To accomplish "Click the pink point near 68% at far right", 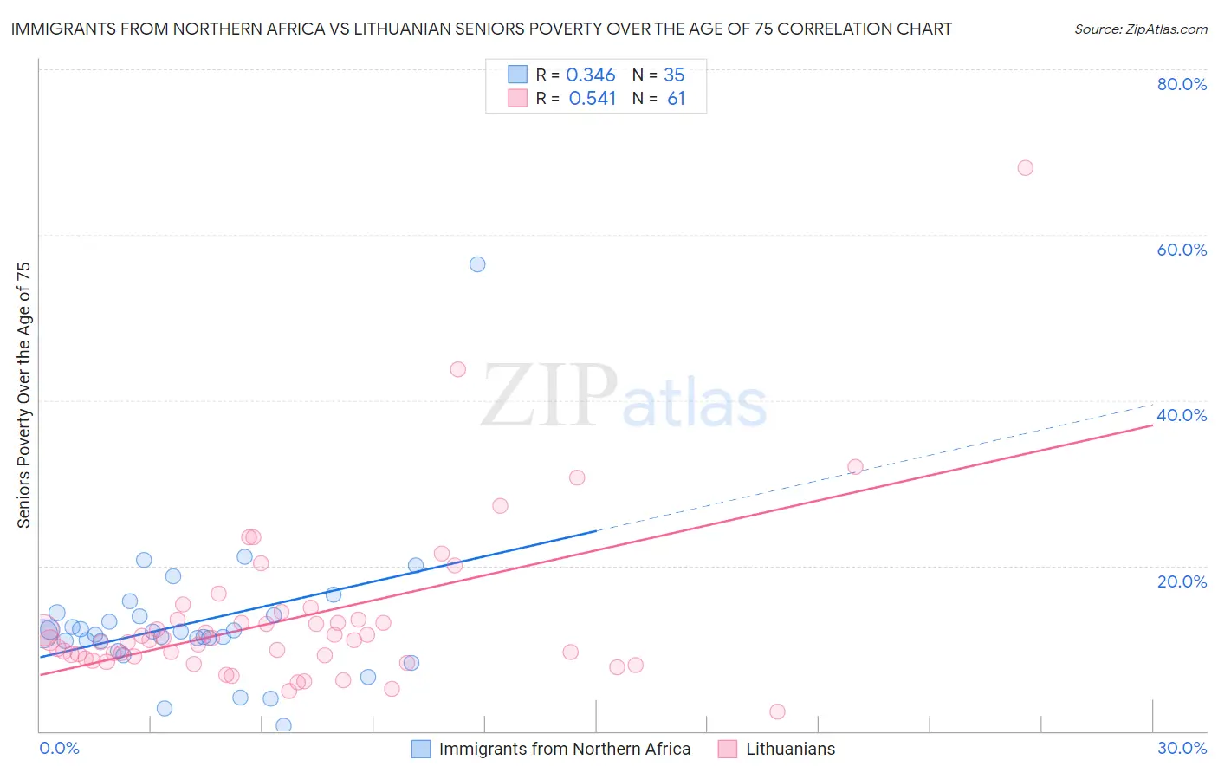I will pyautogui.click(x=1025, y=168).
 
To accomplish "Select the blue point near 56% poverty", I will pyautogui.click(x=477, y=264).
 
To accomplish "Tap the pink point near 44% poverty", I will pyautogui.click(x=458, y=369).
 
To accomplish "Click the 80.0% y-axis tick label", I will pyautogui.click(x=1182, y=84).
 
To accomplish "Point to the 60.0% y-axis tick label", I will pyautogui.click(x=1182, y=250).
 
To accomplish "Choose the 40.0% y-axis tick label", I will pyautogui.click(x=1182, y=415).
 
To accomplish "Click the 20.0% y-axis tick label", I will pyautogui.click(x=1182, y=581).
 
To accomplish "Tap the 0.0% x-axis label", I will pyautogui.click(x=59, y=748).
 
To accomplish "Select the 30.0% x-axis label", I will pyautogui.click(x=1182, y=748).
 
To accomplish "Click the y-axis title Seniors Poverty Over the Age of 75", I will pyautogui.click(x=23, y=394).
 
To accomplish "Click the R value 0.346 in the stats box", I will pyautogui.click(x=591, y=75).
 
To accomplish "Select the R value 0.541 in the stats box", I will pyautogui.click(x=592, y=99).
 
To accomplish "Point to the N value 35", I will pyautogui.click(x=674, y=75).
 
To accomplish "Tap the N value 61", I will pyautogui.click(x=676, y=99).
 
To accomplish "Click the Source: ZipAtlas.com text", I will pyautogui.click(x=1140, y=29).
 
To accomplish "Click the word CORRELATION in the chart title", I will pyautogui.click(x=834, y=29).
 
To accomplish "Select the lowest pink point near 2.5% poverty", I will pyautogui.click(x=777, y=711).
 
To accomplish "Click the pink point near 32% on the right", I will pyautogui.click(x=855, y=467).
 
